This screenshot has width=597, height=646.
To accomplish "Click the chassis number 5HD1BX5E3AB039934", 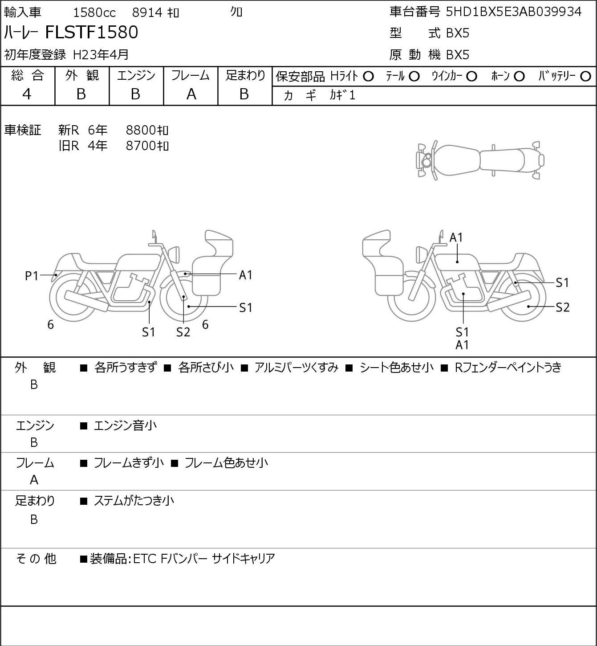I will coord(513,12).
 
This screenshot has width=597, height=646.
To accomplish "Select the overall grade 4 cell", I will coord(27,94).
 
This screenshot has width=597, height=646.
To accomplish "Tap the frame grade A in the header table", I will coord(191,94).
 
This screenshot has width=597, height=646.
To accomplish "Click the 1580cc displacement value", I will coord(94,12).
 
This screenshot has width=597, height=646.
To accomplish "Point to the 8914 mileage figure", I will coord(147,12).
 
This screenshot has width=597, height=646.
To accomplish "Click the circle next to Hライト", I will coord(368,77).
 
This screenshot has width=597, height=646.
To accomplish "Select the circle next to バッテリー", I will coord(586,77).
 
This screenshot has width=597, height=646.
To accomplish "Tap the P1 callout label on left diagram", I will coord(32,276).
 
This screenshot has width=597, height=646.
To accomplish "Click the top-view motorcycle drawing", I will coord(480,160).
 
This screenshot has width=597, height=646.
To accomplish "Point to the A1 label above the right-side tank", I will coord(456,237).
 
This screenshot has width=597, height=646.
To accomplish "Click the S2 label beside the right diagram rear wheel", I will coord(563,307).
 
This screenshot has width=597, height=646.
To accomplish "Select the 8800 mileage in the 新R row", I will coord(147,130).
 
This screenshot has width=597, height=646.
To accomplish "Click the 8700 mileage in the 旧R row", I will coord(147,146).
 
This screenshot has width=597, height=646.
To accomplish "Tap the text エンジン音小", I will coord(125,425).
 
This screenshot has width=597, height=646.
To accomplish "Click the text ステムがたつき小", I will coord(134,501).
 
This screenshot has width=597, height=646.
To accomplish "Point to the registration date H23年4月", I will coord(101,54).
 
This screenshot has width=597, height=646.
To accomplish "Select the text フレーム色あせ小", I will coord(226,463).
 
